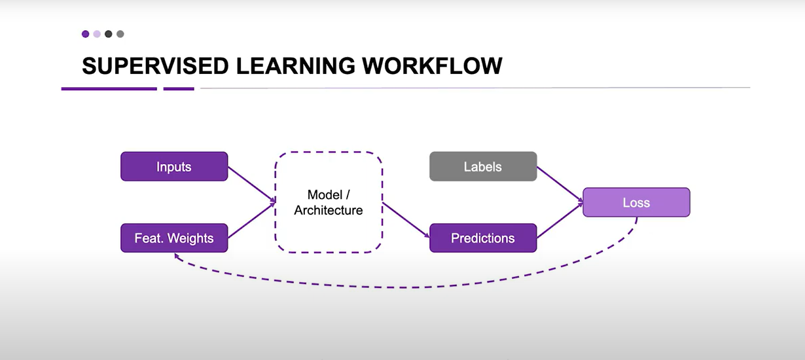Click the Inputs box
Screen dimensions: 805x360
click(174, 166)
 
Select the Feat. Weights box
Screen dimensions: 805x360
click(174, 238)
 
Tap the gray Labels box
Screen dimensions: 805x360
click(483, 166)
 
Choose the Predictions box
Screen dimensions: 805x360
click(483, 238)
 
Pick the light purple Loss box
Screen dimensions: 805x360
click(636, 202)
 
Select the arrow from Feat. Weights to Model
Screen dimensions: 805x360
click(251, 221)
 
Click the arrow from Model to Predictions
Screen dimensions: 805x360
click(406, 220)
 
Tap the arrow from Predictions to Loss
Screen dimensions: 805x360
click(560, 220)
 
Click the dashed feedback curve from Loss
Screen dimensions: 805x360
click(406, 287)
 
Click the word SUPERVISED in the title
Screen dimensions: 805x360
click(155, 65)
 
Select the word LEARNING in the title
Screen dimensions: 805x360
click(295, 65)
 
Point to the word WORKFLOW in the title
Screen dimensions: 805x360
click(432, 65)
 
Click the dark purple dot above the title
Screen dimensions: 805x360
click(86, 34)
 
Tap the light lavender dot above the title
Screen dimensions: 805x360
click(97, 34)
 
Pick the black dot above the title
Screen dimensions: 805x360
click(109, 34)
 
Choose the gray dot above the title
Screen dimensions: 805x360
click(120, 34)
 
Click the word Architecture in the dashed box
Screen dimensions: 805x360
click(329, 210)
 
